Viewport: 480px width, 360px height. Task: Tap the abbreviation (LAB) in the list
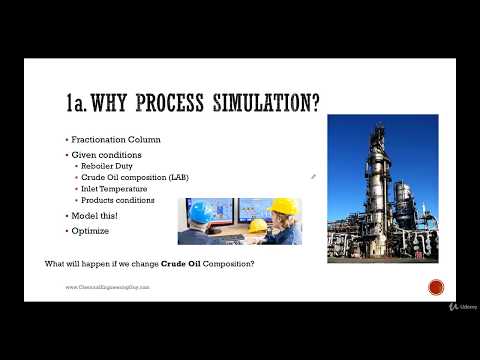(x=176, y=177)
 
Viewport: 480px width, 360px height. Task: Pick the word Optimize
(x=90, y=230)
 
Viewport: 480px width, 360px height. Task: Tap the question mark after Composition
(x=254, y=263)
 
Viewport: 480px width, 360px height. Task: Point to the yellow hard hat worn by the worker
(x=284, y=206)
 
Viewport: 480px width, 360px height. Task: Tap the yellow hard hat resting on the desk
(x=258, y=224)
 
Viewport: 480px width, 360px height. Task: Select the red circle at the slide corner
(x=436, y=288)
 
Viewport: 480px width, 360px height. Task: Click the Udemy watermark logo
(x=464, y=306)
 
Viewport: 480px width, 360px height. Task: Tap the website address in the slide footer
(x=107, y=287)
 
